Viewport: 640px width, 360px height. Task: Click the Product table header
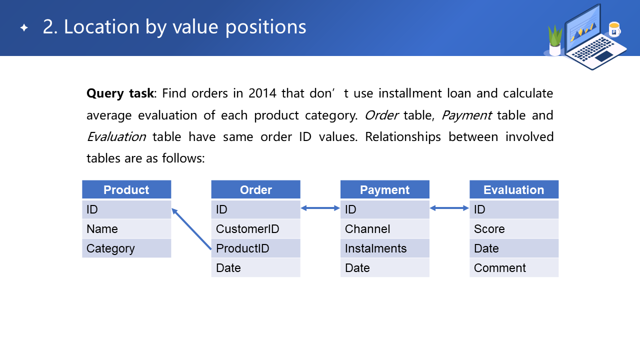point(126,189)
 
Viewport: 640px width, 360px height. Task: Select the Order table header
point(255,189)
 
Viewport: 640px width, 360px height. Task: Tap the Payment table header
point(385,189)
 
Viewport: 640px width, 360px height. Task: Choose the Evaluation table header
point(514,189)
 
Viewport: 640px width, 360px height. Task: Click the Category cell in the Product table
point(126,248)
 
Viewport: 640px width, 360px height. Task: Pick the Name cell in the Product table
point(126,229)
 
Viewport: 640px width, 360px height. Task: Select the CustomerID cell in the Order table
point(255,229)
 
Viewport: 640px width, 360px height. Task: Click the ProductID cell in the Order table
point(255,248)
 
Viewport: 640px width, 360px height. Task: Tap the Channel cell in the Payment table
point(385,229)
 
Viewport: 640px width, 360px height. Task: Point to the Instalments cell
point(385,248)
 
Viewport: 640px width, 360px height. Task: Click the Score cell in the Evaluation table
point(514,229)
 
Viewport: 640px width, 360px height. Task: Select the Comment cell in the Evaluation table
point(514,267)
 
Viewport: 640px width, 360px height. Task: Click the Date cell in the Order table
point(255,267)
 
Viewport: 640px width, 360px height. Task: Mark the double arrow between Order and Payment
point(320,208)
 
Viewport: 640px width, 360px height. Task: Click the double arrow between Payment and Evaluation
point(449,208)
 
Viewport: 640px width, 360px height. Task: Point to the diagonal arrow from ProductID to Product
point(191,229)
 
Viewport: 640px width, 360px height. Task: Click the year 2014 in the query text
point(262,93)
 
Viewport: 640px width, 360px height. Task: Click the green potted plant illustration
point(555,40)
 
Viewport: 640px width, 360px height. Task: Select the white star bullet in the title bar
point(24,27)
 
